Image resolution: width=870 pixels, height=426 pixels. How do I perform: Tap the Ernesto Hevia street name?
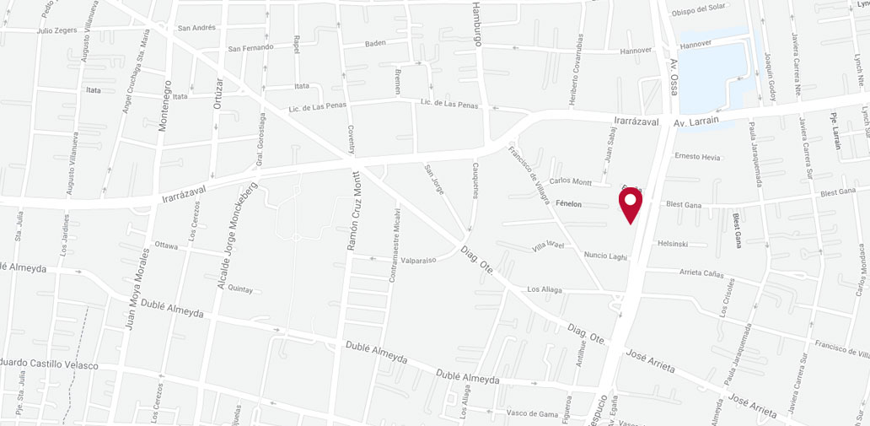[697, 156]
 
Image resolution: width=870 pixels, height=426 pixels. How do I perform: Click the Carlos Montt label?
[570, 181]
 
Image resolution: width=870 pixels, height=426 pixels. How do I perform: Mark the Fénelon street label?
[572, 203]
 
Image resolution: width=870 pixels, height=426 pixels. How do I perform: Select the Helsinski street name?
[674, 244]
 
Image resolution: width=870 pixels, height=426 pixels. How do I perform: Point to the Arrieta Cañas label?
[702, 273]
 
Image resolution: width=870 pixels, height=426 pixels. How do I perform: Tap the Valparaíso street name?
[419, 260]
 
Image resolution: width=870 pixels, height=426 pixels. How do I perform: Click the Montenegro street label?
[166, 107]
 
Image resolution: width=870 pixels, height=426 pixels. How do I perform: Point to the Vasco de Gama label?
[533, 413]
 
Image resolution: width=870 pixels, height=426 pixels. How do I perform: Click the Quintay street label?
[240, 288]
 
